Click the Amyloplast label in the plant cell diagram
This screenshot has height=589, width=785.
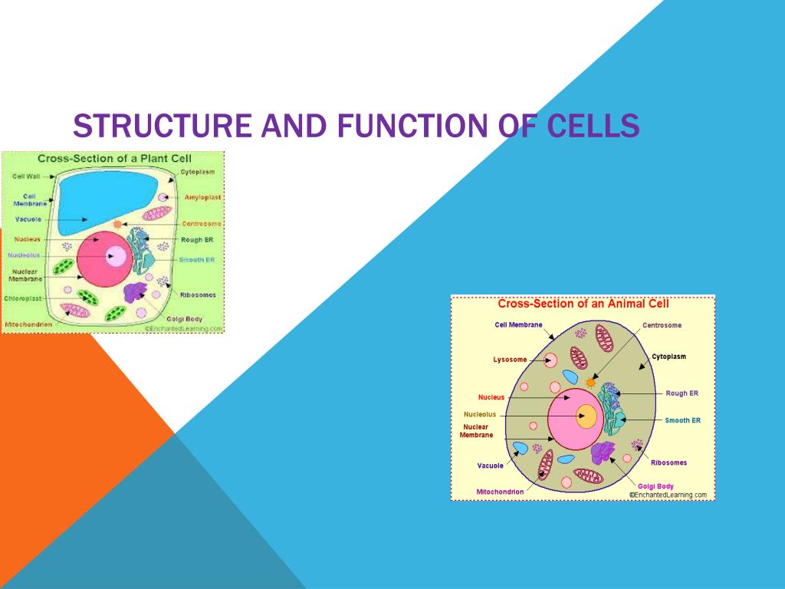[202, 197]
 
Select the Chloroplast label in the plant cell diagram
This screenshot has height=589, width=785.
[23, 298]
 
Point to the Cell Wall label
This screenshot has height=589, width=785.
[26, 176]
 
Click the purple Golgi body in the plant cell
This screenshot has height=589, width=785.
[136, 292]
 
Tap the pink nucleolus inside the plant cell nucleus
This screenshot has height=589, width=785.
[117, 255]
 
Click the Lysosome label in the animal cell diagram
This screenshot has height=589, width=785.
[510, 359]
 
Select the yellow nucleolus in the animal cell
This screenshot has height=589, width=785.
[586, 416]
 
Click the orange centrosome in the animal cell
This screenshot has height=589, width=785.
[590, 381]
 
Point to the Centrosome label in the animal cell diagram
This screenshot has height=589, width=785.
[662, 325]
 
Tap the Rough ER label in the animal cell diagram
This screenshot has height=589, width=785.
[682, 393]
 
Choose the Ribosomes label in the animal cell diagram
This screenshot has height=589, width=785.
[668, 462]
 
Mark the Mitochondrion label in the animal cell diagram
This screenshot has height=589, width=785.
[500, 491]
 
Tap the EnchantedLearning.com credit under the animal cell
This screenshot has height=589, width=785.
[669, 495]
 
